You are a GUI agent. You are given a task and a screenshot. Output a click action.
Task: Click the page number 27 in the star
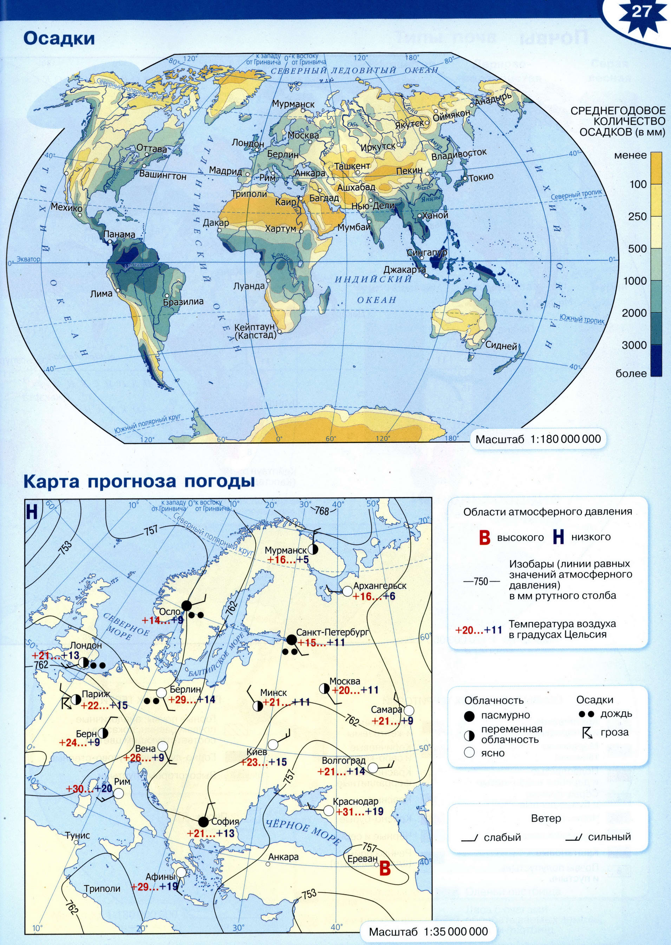point(641,12)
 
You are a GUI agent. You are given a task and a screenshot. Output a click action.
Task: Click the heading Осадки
point(59,38)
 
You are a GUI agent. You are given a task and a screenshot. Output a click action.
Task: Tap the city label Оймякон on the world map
point(451,115)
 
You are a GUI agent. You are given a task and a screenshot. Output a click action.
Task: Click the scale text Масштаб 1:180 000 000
point(538,439)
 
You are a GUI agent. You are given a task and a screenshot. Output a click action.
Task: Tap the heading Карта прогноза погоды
point(139,482)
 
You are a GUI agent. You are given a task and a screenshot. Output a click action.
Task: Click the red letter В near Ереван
point(385,868)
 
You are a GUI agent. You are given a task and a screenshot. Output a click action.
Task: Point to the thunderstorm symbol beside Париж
point(66,703)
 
